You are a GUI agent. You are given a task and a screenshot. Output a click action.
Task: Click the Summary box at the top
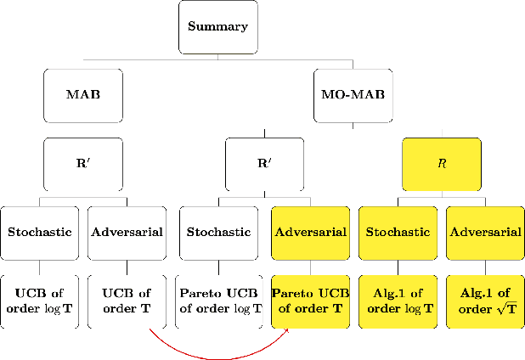coord(217,25)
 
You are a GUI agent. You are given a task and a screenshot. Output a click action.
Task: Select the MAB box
coord(82,94)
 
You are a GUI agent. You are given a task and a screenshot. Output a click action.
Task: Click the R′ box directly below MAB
coord(82,163)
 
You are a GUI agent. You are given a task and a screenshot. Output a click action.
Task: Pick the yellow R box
coord(441,163)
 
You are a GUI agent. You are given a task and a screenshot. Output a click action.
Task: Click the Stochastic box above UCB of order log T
coord(38,232)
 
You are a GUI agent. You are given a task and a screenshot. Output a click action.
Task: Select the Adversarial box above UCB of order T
coord(127,232)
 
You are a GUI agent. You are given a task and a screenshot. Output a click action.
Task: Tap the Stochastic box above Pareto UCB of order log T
coord(218,232)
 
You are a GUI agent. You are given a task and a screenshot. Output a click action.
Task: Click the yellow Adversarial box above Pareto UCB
coord(308,232)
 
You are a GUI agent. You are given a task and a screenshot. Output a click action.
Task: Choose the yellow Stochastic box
coord(397,232)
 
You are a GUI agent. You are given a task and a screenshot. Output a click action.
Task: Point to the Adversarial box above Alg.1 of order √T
coord(485,232)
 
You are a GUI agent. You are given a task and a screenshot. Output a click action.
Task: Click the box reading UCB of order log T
coord(38,301)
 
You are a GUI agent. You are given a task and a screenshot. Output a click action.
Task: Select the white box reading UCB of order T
coord(127,301)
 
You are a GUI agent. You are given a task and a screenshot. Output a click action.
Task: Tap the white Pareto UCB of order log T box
coord(218,301)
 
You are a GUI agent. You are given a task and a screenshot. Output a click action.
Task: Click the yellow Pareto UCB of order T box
coord(308,301)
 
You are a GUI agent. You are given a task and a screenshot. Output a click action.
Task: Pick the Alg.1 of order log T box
coord(397,301)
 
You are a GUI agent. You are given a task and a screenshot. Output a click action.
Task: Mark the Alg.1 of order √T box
coord(485,301)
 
